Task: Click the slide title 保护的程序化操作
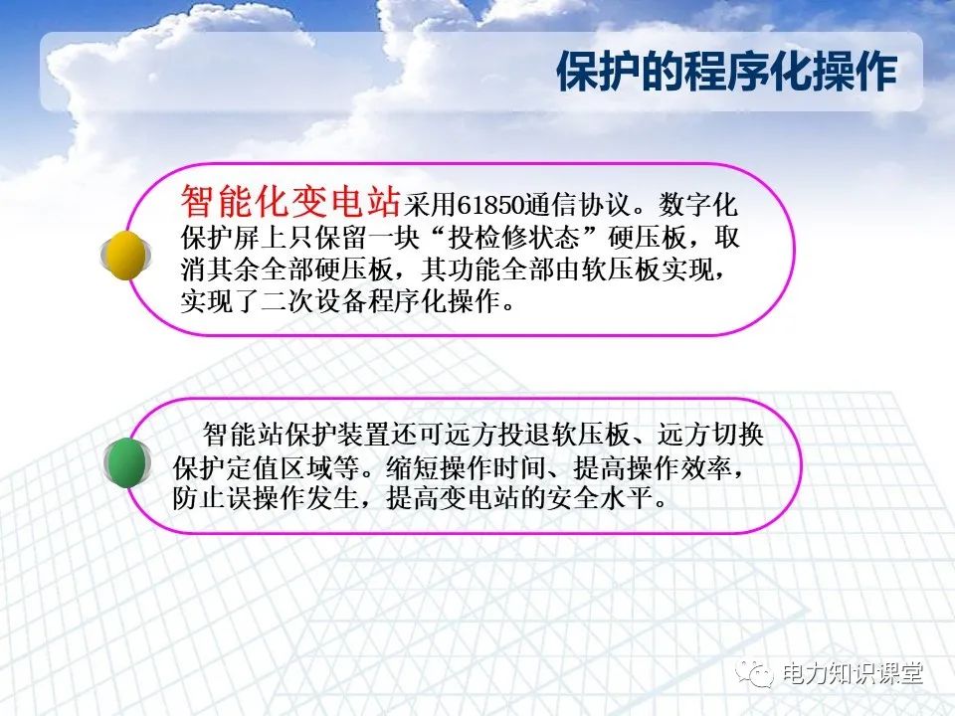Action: tap(725, 72)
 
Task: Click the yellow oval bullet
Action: tap(126, 254)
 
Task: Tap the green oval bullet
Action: tap(127, 463)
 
